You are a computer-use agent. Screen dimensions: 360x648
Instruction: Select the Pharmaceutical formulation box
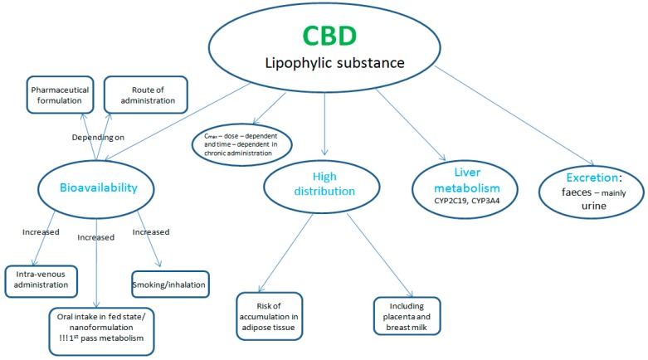[x=59, y=95]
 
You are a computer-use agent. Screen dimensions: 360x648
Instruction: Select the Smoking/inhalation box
[x=170, y=285]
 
